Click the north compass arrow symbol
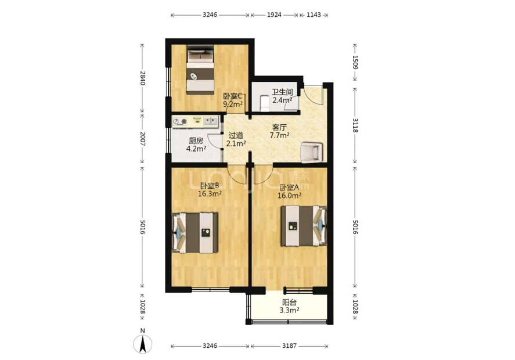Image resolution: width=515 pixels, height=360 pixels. [143, 344]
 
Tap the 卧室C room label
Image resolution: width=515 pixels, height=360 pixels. [233, 96]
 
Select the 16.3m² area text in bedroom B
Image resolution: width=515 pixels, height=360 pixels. [210, 193]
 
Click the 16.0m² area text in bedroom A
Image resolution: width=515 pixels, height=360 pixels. [290, 196]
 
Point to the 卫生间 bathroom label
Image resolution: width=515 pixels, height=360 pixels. [282, 92]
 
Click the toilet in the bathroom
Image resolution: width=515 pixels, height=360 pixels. [264, 103]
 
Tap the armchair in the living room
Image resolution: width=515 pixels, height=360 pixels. [312, 152]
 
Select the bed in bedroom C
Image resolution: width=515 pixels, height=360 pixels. [200, 70]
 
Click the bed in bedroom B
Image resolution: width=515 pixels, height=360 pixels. [195, 233]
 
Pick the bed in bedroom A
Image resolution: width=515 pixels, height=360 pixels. [304, 226]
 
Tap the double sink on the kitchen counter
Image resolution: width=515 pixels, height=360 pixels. [211, 121]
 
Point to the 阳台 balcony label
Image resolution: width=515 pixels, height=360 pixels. [289, 302]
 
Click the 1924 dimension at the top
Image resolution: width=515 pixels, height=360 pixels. [274, 15]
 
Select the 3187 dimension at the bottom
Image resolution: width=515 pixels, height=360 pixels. [289, 345]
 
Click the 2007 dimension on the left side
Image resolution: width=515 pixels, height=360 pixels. [142, 139]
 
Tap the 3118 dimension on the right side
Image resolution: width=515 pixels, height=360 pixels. [355, 125]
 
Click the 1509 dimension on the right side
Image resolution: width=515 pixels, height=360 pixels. [355, 62]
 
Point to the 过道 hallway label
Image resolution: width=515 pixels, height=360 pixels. [236, 135]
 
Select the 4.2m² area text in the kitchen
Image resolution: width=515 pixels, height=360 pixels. [196, 149]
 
